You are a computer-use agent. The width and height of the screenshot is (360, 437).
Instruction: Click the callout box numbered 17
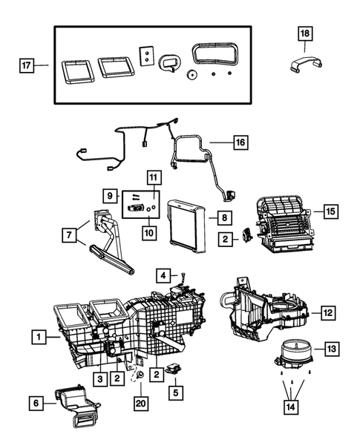[x=27, y=65]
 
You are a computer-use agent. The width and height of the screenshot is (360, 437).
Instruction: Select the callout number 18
[x=306, y=33]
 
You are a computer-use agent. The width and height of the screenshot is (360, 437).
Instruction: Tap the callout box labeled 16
[x=239, y=141]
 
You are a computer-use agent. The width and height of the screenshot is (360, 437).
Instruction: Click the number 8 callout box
[x=220, y=217]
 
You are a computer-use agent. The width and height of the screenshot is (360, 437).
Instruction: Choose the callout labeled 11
[x=154, y=177]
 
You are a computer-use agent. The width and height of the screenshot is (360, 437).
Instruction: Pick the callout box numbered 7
[x=70, y=235]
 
